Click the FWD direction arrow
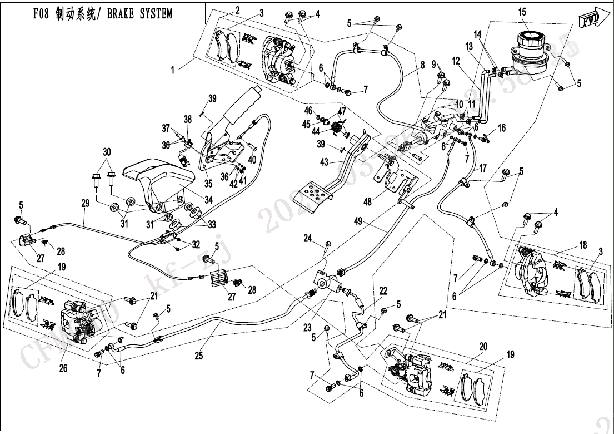pyautogui.click(x=590, y=19)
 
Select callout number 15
pyautogui.click(x=522, y=12)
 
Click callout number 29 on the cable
pyautogui.click(x=84, y=204)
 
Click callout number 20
pyautogui.click(x=483, y=346)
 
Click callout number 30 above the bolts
pyautogui.click(x=107, y=152)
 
